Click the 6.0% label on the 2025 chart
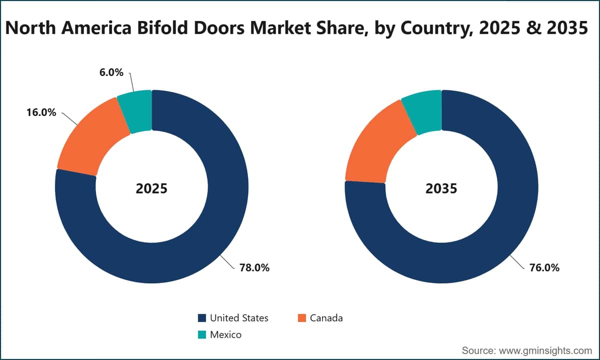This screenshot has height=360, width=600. point(111,72)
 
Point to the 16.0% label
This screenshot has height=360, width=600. point(41,112)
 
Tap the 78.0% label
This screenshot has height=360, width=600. point(254,267)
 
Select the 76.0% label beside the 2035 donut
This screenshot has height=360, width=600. point(544,267)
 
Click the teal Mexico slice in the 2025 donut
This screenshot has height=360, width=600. point(136,111)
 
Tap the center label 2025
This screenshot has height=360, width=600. point(151,188)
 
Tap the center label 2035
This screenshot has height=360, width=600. point(441,188)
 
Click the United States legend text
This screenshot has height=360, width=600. point(239,318)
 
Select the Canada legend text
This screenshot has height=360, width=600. point(326,318)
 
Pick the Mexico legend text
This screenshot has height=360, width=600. point(226,334)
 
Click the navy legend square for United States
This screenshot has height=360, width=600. point(202,318)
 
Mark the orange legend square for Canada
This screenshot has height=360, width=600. point(302,318)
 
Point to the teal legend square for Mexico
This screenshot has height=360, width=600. point(202,334)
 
